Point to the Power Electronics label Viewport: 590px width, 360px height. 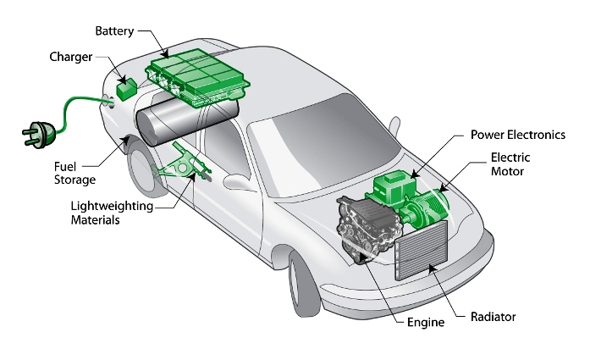[518, 134]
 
